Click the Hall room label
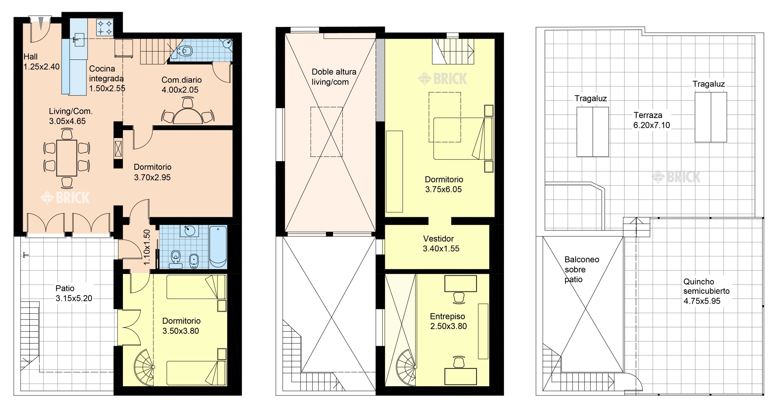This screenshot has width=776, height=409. pos(31,57)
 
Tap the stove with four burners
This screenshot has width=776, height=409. pos(105,27)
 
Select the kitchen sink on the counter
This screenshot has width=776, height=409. pos(79,40)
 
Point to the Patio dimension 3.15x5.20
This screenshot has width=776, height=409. pos(74,298)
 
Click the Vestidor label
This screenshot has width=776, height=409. pos(438,239)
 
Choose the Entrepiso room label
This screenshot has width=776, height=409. pos(447,316)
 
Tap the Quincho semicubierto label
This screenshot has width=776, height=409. pos(706,286)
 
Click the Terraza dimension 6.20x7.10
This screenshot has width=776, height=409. pos(652,125)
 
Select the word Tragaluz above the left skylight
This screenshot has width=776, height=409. pos(591,98)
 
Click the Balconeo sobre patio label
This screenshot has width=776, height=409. pos(582,269)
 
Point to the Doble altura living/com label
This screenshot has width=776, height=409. pos(334,77)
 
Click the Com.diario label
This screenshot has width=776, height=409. pos(181,80)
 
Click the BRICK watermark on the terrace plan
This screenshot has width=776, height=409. pos(676,177)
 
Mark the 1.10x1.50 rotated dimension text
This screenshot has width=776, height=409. pos(147,247)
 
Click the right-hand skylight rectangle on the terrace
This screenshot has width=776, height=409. pos(711,117)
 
